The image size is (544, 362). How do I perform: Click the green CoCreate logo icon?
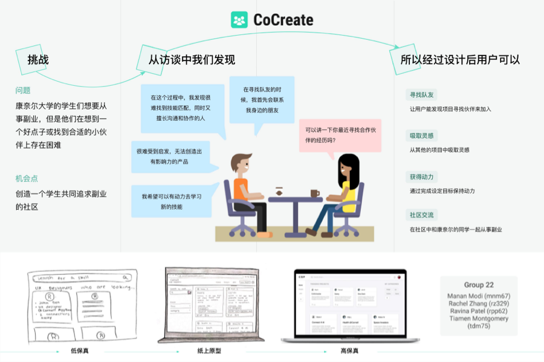point(239,20)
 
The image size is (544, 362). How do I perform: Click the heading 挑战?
point(38,59)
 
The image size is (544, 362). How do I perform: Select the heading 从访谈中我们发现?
point(192,59)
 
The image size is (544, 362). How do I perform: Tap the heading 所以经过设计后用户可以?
point(460,59)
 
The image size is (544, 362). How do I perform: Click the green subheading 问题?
point(23,91)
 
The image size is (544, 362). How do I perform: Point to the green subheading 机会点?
point(27,178)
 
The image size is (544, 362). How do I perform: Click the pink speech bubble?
point(340,135)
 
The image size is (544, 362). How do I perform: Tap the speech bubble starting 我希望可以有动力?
point(172,201)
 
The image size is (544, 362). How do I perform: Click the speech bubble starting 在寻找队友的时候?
point(262,100)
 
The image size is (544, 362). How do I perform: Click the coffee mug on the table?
point(314,193)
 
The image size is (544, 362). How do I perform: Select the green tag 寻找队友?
point(422,95)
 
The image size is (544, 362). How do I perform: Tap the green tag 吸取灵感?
point(422,135)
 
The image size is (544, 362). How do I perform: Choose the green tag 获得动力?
point(422,176)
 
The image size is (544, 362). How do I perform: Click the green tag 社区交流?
point(422,215)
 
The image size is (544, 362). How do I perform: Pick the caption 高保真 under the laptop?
point(349,351)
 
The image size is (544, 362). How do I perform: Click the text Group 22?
point(479,285)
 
